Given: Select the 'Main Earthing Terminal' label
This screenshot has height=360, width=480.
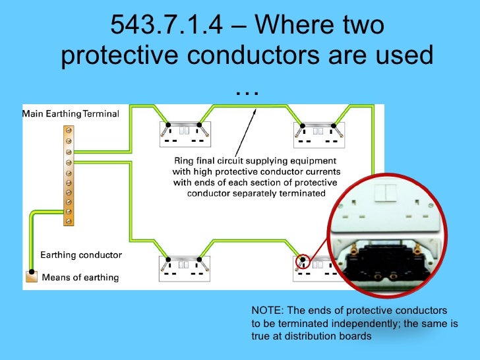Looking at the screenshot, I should click(x=71, y=113).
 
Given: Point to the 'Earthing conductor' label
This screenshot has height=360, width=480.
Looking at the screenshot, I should click(x=81, y=255).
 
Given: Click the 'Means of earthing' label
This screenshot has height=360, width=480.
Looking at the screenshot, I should click(x=80, y=278).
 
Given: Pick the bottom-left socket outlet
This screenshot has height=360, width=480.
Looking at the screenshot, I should click(x=185, y=266).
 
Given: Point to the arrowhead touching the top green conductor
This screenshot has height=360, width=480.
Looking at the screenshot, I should click(x=255, y=111).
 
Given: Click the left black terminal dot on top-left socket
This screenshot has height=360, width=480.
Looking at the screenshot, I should click(x=169, y=125).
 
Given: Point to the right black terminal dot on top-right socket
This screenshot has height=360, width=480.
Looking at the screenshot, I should click(x=334, y=125).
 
